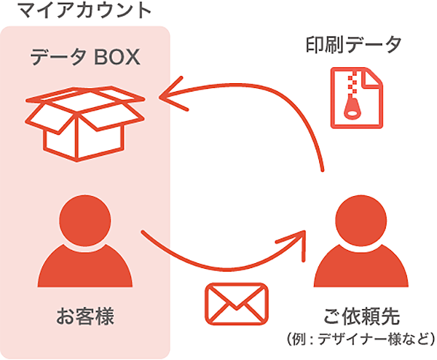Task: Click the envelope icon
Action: click(237, 302)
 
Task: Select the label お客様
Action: click(85, 318)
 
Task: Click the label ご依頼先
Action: click(363, 317)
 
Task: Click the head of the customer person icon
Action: click(85, 219)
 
